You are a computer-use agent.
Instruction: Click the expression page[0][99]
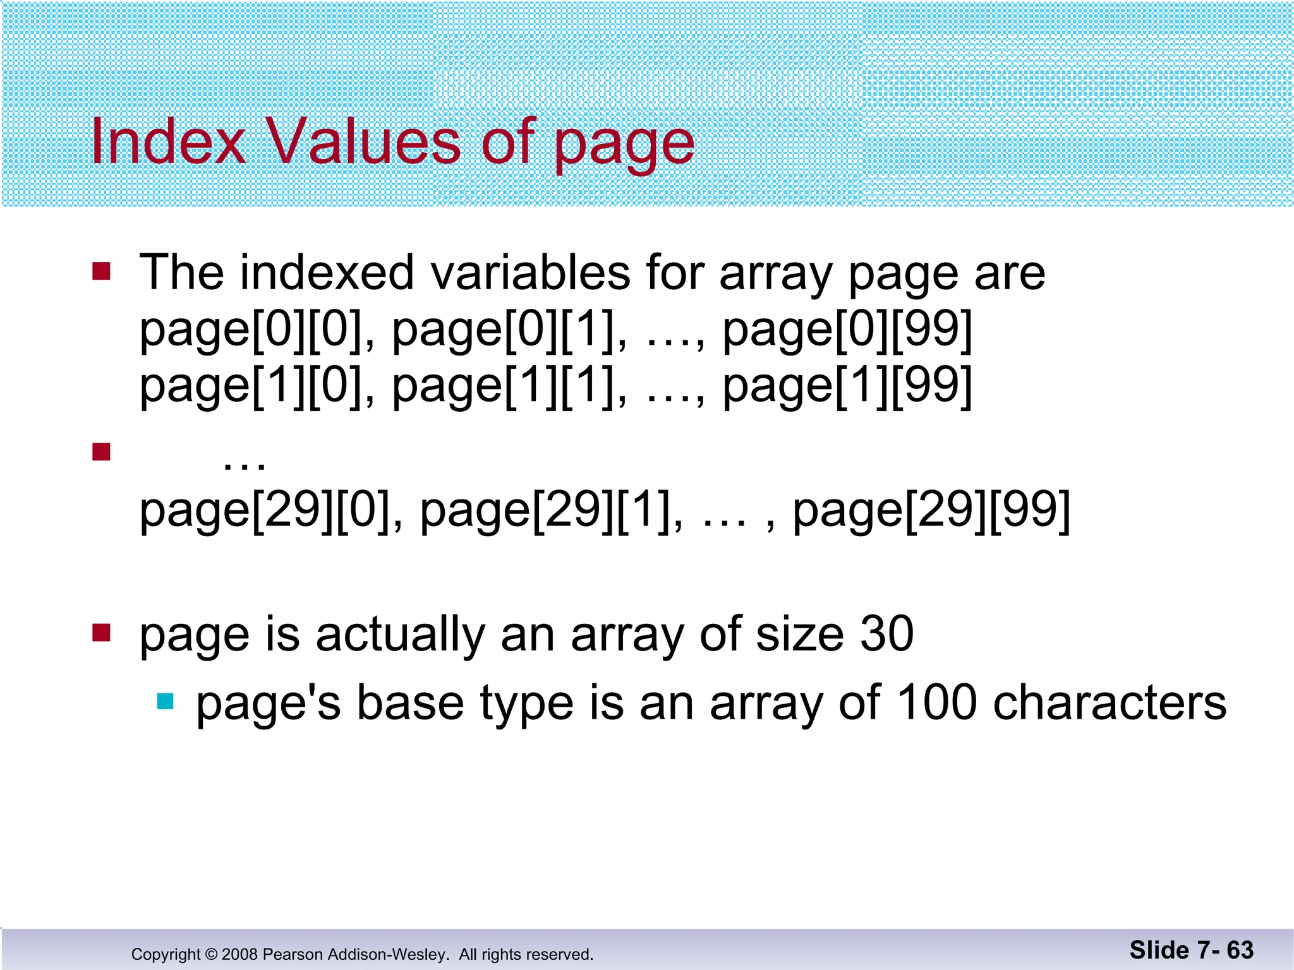847,329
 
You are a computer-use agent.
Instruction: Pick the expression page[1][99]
847,385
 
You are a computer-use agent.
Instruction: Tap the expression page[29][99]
931,510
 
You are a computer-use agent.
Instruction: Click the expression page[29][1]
551,510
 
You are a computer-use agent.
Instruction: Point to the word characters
1110,702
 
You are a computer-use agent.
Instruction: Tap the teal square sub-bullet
165,701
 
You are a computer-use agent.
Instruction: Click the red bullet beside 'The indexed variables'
101,272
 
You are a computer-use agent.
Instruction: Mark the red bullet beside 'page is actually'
101,632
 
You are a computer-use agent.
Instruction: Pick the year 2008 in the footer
240,954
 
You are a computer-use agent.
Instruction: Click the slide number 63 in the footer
1240,950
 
